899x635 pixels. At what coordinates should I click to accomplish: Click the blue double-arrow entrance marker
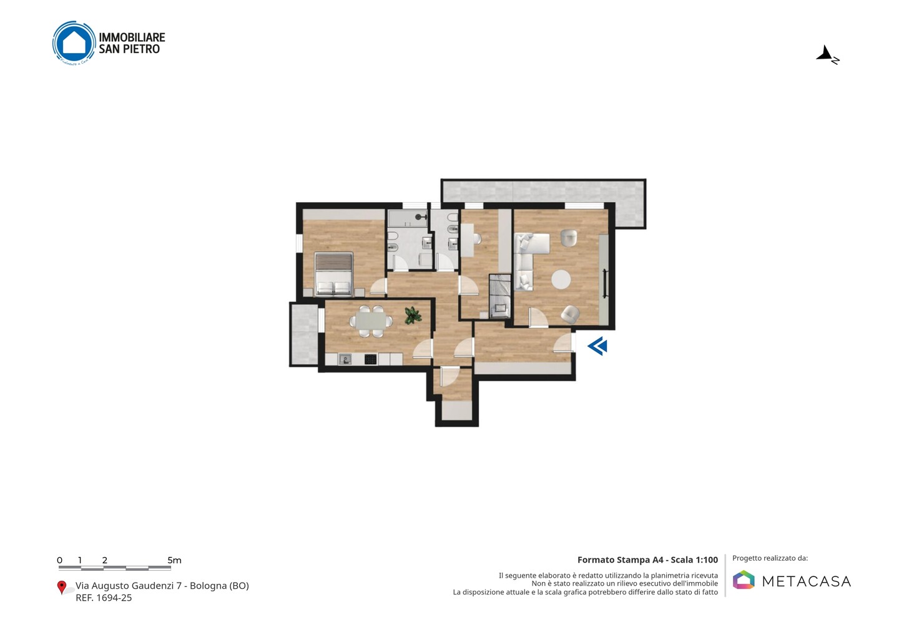(597, 346)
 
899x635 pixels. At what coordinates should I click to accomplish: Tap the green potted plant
(413, 315)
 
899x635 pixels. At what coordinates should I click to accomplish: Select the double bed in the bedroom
(334, 274)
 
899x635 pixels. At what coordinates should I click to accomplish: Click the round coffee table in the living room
(561, 279)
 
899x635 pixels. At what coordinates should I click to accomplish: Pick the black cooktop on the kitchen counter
(370, 359)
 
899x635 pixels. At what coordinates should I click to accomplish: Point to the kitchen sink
(345, 359)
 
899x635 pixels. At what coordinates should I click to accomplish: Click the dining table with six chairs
(371, 321)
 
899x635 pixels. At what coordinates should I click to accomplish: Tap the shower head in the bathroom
(420, 217)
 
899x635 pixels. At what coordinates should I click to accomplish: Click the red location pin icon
(61, 588)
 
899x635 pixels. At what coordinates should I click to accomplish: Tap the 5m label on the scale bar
(175, 560)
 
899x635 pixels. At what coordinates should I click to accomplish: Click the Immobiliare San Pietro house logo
(74, 43)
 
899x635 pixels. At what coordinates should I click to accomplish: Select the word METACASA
(807, 581)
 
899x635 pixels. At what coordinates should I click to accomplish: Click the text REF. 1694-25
(104, 598)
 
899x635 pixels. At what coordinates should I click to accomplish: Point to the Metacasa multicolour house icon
(744, 579)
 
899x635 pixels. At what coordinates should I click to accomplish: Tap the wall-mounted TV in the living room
(605, 283)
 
